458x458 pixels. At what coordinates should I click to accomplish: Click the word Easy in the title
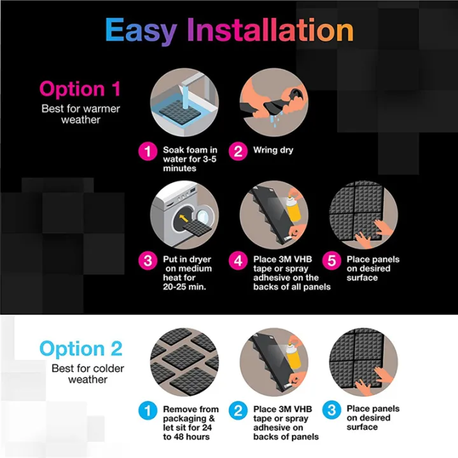(x=142, y=31)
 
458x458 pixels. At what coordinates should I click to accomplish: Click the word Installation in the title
(x=270, y=31)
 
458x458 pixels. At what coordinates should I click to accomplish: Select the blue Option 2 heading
(x=80, y=349)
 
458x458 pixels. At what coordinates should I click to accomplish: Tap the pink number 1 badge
(x=148, y=152)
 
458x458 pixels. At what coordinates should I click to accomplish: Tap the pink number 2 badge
(x=239, y=152)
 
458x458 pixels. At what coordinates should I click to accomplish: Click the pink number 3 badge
(x=148, y=261)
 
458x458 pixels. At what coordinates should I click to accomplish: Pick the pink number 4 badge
(x=239, y=261)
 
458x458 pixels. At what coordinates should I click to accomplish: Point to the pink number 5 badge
(x=331, y=261)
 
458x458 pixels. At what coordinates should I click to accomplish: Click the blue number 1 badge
(x=148, y=410)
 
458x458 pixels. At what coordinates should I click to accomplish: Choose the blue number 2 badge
(x=239, y=410)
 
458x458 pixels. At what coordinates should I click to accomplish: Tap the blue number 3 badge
(x=331, y=410)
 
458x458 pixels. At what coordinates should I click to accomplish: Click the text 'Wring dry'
(x=273, y=151)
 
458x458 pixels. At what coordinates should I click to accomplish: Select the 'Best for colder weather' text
(x=80, y=373)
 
